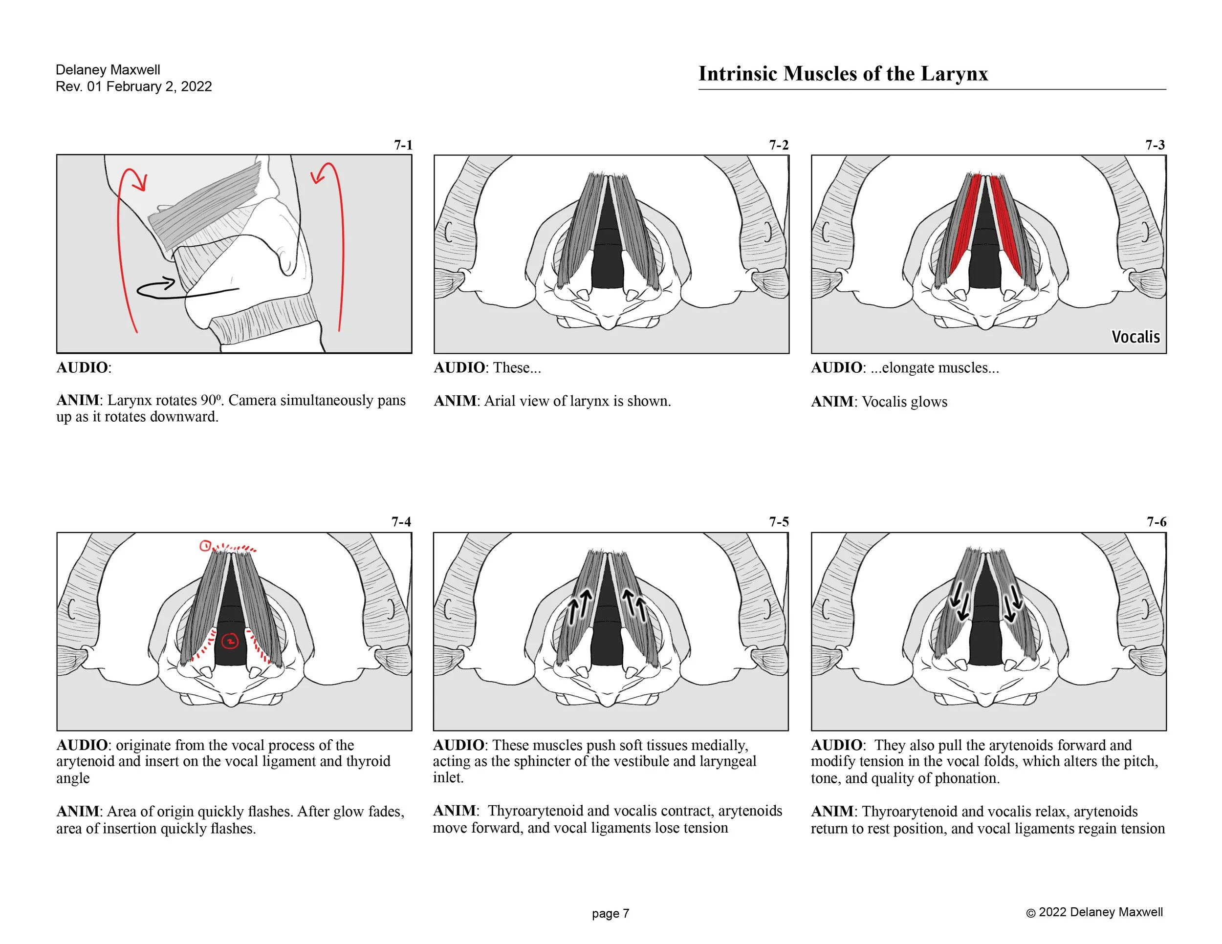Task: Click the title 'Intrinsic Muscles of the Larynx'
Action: pyautogui.click(x=843, y=74)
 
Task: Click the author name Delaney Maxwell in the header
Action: pyautogui.click(x=108, y=70)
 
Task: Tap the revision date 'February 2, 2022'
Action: pyautogui.click(x=159, y=86)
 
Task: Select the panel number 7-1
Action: pyautogui.click(x=403, y=145)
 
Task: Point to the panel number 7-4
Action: pyautogui.click(x=401, y=522)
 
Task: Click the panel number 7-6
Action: pyautogui.click(x=1156, y=522)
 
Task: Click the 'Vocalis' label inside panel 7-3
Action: pyautogui.click(x=1135, y=337)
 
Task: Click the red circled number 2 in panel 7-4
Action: pyautogui.click(x=230, y=642)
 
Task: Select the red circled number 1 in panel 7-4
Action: pyautogui.click(x=205, y=546)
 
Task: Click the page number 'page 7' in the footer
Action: pyautogui.click(x=611, y=913)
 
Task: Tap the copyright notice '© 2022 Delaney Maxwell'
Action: pyautogui.click(x=1094, y=912)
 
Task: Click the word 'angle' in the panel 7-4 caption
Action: pyautogui.click(x=73, y=778)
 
